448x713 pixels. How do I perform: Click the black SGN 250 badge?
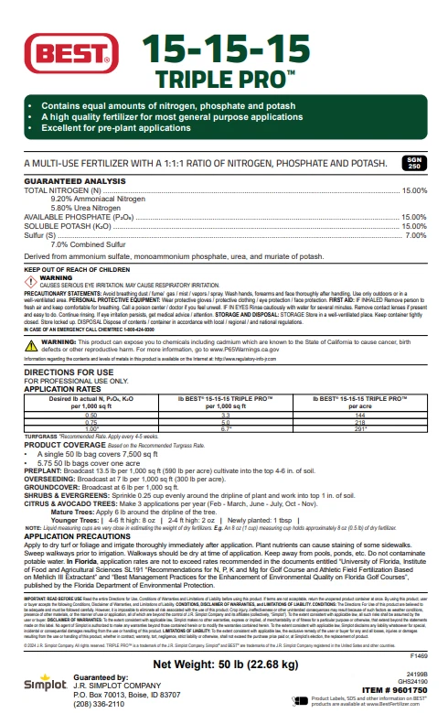tap(412, 164)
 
